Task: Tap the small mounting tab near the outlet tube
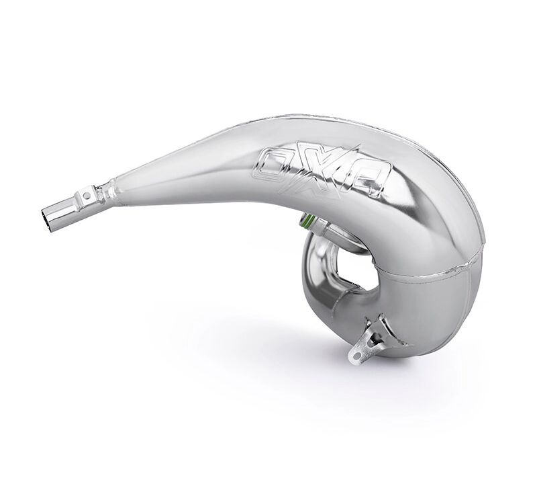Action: click(x=86, y=196)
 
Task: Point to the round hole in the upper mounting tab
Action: click(x=86, y=194)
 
